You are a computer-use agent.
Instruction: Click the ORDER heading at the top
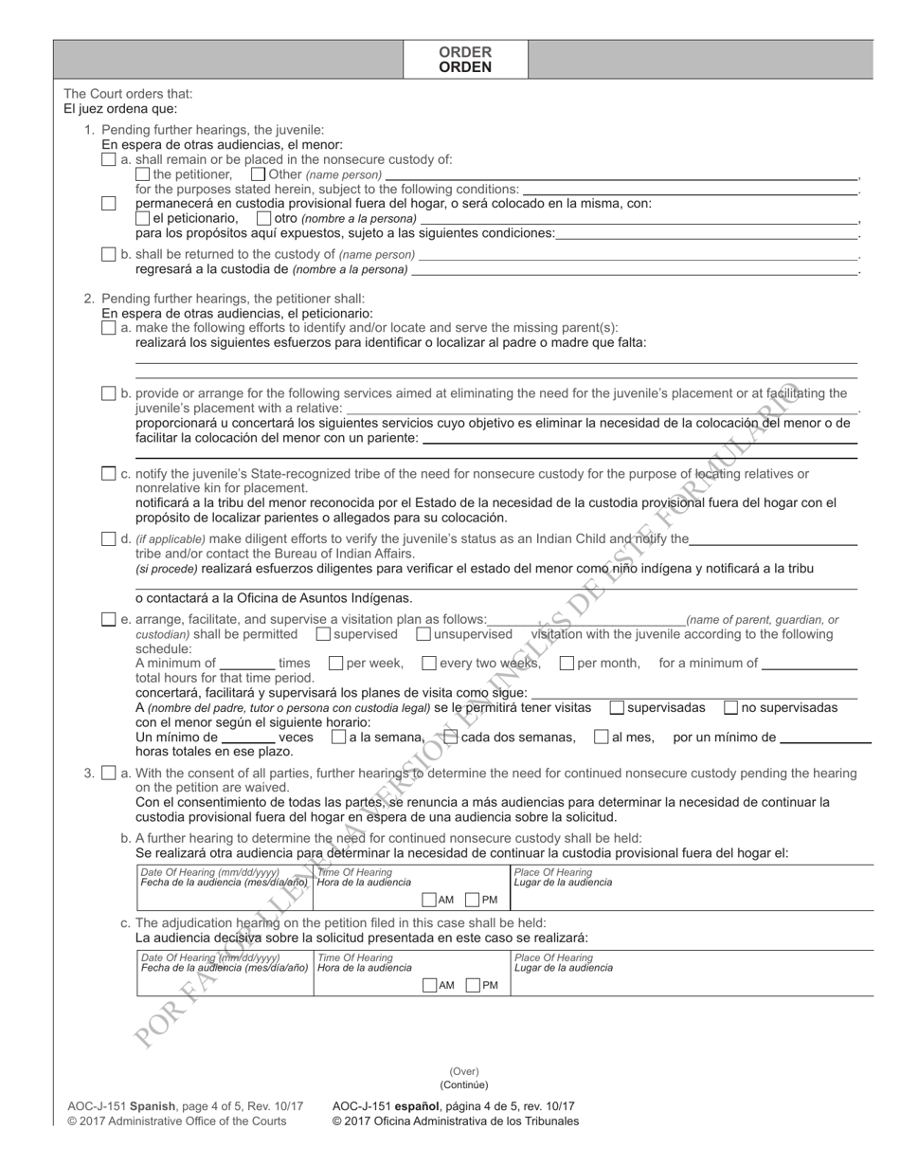464,52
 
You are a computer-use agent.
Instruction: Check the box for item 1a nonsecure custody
109,159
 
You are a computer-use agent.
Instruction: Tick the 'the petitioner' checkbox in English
143,174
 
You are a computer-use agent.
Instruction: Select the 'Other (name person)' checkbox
258,174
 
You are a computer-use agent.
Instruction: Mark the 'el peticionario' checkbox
143,219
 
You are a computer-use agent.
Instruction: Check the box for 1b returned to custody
109,254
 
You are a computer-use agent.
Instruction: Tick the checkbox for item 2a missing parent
109,327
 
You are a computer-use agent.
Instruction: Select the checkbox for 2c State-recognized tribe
109,474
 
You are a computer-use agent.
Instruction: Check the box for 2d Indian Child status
109,538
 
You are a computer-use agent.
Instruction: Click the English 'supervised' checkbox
323,633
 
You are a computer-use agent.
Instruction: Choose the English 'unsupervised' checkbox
423,633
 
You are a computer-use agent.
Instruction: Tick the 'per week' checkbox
335,664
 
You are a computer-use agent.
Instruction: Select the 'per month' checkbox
567,664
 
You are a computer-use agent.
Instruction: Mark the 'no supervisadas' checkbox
731,707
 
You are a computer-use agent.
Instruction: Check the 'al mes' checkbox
601,737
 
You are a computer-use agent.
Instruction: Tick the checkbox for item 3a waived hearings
109,773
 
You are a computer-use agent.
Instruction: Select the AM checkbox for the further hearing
429,900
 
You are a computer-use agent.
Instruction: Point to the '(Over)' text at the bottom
464,1071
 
